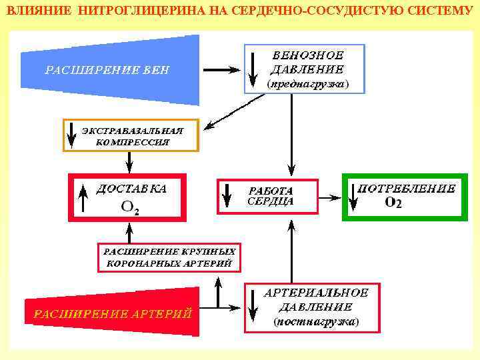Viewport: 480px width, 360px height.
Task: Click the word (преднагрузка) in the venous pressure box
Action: click(x=307, y=85)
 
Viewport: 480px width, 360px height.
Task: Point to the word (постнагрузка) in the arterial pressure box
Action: click(x=316, y=321)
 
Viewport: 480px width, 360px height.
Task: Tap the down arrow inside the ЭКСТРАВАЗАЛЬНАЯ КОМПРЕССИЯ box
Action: click(x=71, y=136)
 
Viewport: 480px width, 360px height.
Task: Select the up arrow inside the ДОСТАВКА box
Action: click(x=83, y=198)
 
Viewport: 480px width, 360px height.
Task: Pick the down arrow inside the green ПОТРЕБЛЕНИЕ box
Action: click(x=351, y=196)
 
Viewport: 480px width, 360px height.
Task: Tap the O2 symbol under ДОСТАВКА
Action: click(x=130, y=208)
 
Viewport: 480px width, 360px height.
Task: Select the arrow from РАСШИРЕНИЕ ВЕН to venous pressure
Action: click(x=221, y=69)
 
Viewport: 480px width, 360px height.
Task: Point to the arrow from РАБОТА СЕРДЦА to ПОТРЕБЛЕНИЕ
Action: click(x=327, y=196)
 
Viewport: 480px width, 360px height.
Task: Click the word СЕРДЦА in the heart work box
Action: click(x=270, y=201)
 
